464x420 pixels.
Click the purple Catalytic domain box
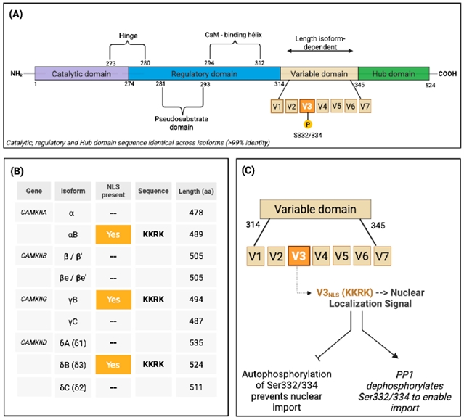(x=81, y=73)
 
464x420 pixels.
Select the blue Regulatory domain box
(x=205, y=73)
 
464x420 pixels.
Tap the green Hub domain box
(x=394, y=73)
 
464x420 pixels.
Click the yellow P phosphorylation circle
(x=308, y=125)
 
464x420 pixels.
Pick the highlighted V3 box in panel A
(x=307, y=106)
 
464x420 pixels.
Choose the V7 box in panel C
(x=382, y=256)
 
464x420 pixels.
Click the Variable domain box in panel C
(x=315, y=209)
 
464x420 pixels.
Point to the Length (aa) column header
(x=196, y=192)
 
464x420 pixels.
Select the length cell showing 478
(x=196, y=213)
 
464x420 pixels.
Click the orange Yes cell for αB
(x=113, y=234)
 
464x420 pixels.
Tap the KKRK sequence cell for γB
(x=153, y=300)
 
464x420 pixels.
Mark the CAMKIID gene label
(x=33, y=343)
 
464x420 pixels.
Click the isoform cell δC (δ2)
(x=73, y=387)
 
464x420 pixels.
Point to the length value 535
(x=196, y=343)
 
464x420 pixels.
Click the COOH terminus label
(x=447, y=73)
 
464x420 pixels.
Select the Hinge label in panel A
(x=128, y=36)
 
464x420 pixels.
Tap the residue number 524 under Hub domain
(x=430, y=85)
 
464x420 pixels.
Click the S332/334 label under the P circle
(x=308, y=136)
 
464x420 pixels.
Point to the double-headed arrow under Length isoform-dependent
(x=320, y=51)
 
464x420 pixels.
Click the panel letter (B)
(x=17, y=171)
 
